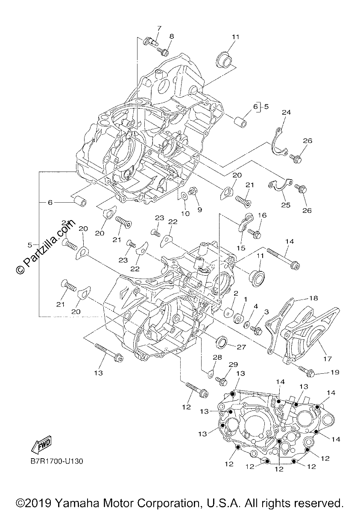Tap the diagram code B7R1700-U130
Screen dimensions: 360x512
(x=57, y=461)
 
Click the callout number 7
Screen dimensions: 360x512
(x=159, y=29)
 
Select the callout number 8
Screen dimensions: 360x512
(x=171, y=36)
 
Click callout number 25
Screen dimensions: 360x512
(x=286, y=205)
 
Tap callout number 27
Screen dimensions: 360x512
(x=241, y=347)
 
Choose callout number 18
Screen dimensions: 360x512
(x=313, y=298)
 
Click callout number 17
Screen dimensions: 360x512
(x=327, y=359)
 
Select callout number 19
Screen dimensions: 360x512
(x=335, y=372)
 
